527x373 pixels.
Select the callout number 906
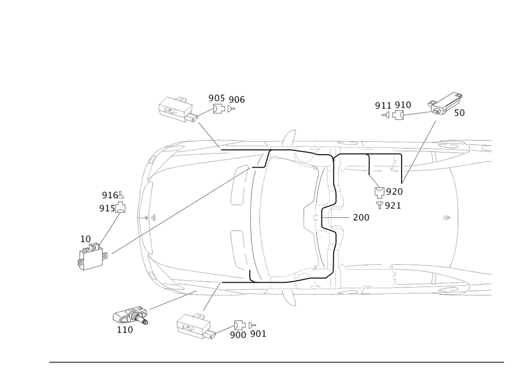237,99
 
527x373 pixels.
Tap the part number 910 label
403,105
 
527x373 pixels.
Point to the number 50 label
459,113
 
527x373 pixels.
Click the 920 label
395,192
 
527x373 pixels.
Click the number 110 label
124,330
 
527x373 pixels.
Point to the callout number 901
258,333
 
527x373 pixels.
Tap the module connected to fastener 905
177,108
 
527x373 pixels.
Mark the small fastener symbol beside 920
378,192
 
